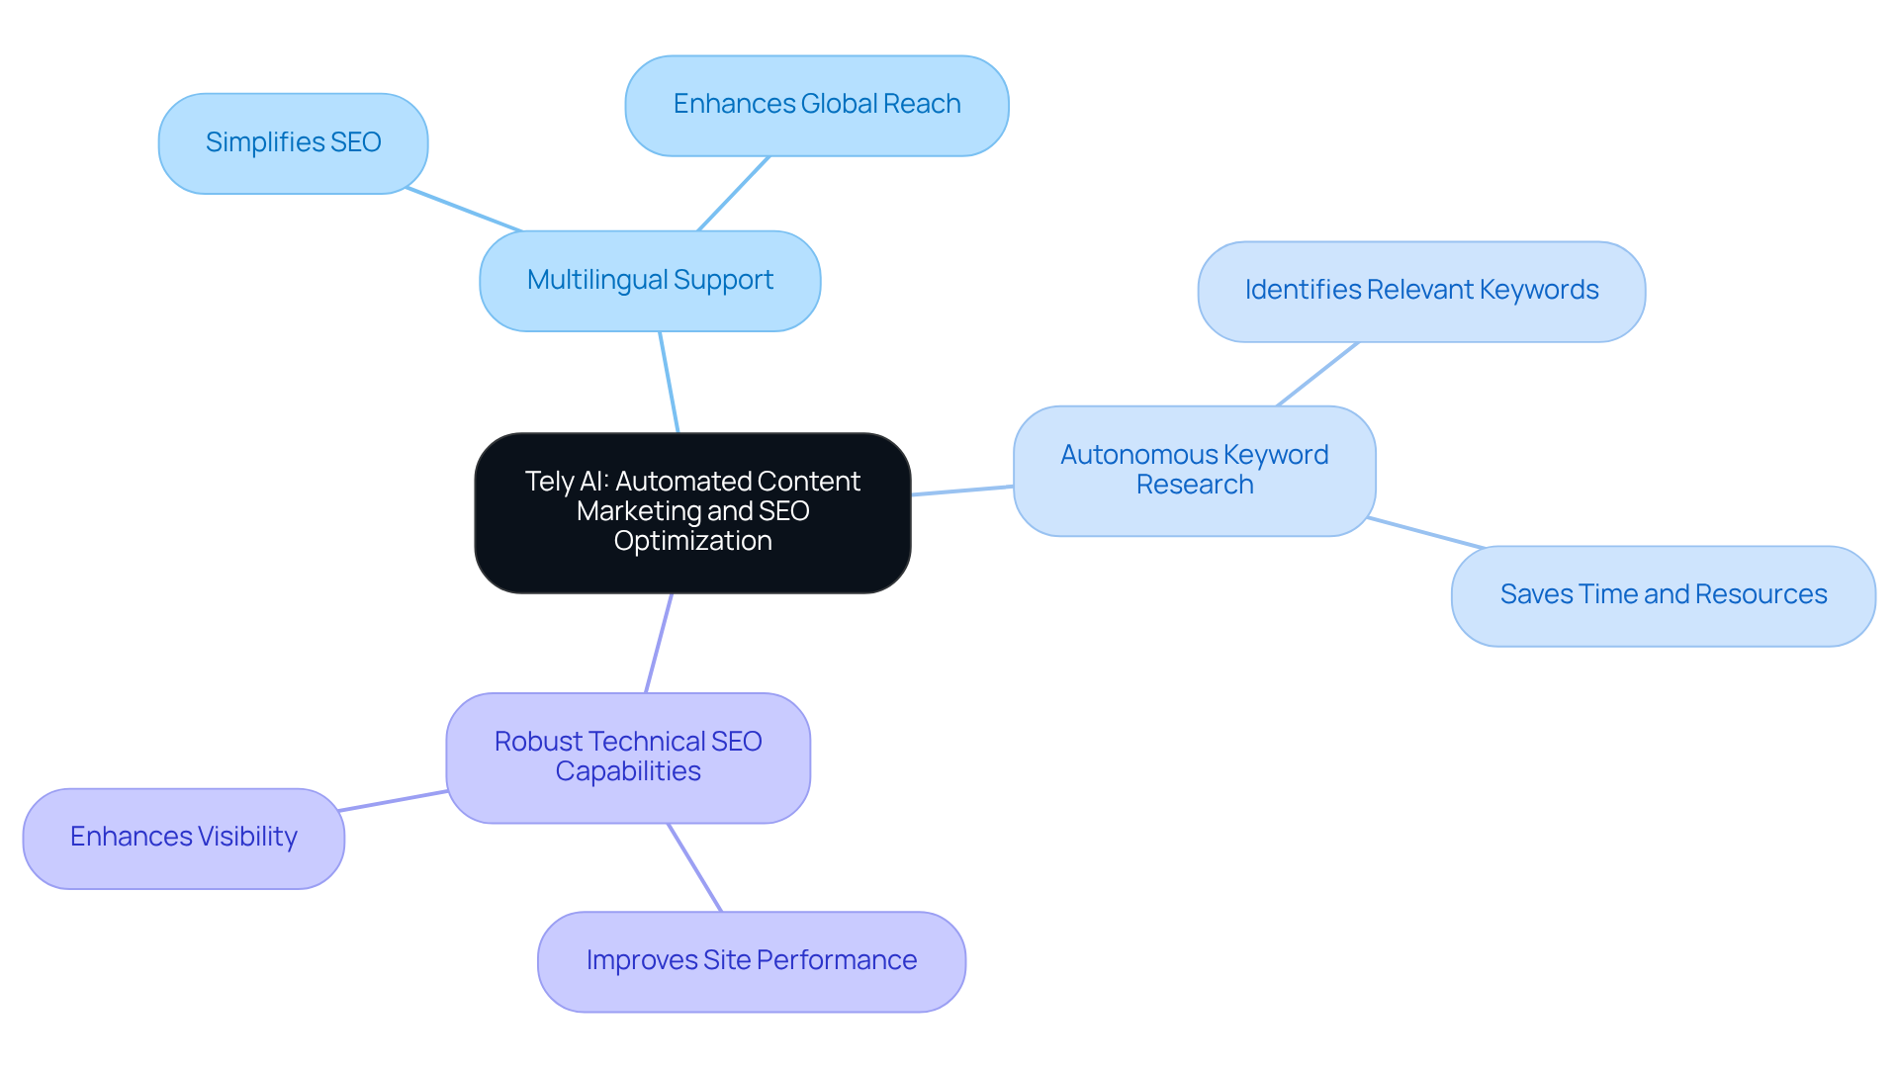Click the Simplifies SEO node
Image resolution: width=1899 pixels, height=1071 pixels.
tap(293, 143)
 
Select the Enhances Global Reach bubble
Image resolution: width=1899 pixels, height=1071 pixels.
tap(816, 105)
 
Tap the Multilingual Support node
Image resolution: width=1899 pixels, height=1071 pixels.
tap(650, 281)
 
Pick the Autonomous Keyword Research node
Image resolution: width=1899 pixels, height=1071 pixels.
tap(1194, 471)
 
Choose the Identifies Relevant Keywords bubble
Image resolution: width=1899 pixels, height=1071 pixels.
tap(1420, 291)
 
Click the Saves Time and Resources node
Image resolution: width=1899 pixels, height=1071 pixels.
tap(1663, 595)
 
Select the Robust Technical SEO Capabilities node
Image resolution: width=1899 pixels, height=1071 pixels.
tap(628, 758)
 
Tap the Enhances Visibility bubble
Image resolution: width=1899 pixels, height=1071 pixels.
tap(184, 838)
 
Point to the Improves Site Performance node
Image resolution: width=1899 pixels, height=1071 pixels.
tap(751, 961)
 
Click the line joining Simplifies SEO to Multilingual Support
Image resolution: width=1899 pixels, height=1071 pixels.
tap(464, 210)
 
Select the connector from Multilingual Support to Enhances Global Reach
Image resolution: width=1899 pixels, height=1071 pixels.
tap(734, 193)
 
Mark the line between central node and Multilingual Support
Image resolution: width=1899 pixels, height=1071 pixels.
tap(669, 382)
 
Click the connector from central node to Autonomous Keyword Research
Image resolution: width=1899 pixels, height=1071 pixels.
tap(961, 491)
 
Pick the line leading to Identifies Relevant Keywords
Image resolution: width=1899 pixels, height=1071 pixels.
tap(1317, 374)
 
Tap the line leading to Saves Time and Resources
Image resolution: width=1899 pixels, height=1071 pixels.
tap(1425, 532)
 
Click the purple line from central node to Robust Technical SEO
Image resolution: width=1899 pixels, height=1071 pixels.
tap(659, 643)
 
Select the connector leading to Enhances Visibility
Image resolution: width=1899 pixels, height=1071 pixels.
tap(393, 801)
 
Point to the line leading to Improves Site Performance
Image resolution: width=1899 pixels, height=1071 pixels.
tap(694, 867)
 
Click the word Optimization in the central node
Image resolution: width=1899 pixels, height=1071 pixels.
tap(692, 541)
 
